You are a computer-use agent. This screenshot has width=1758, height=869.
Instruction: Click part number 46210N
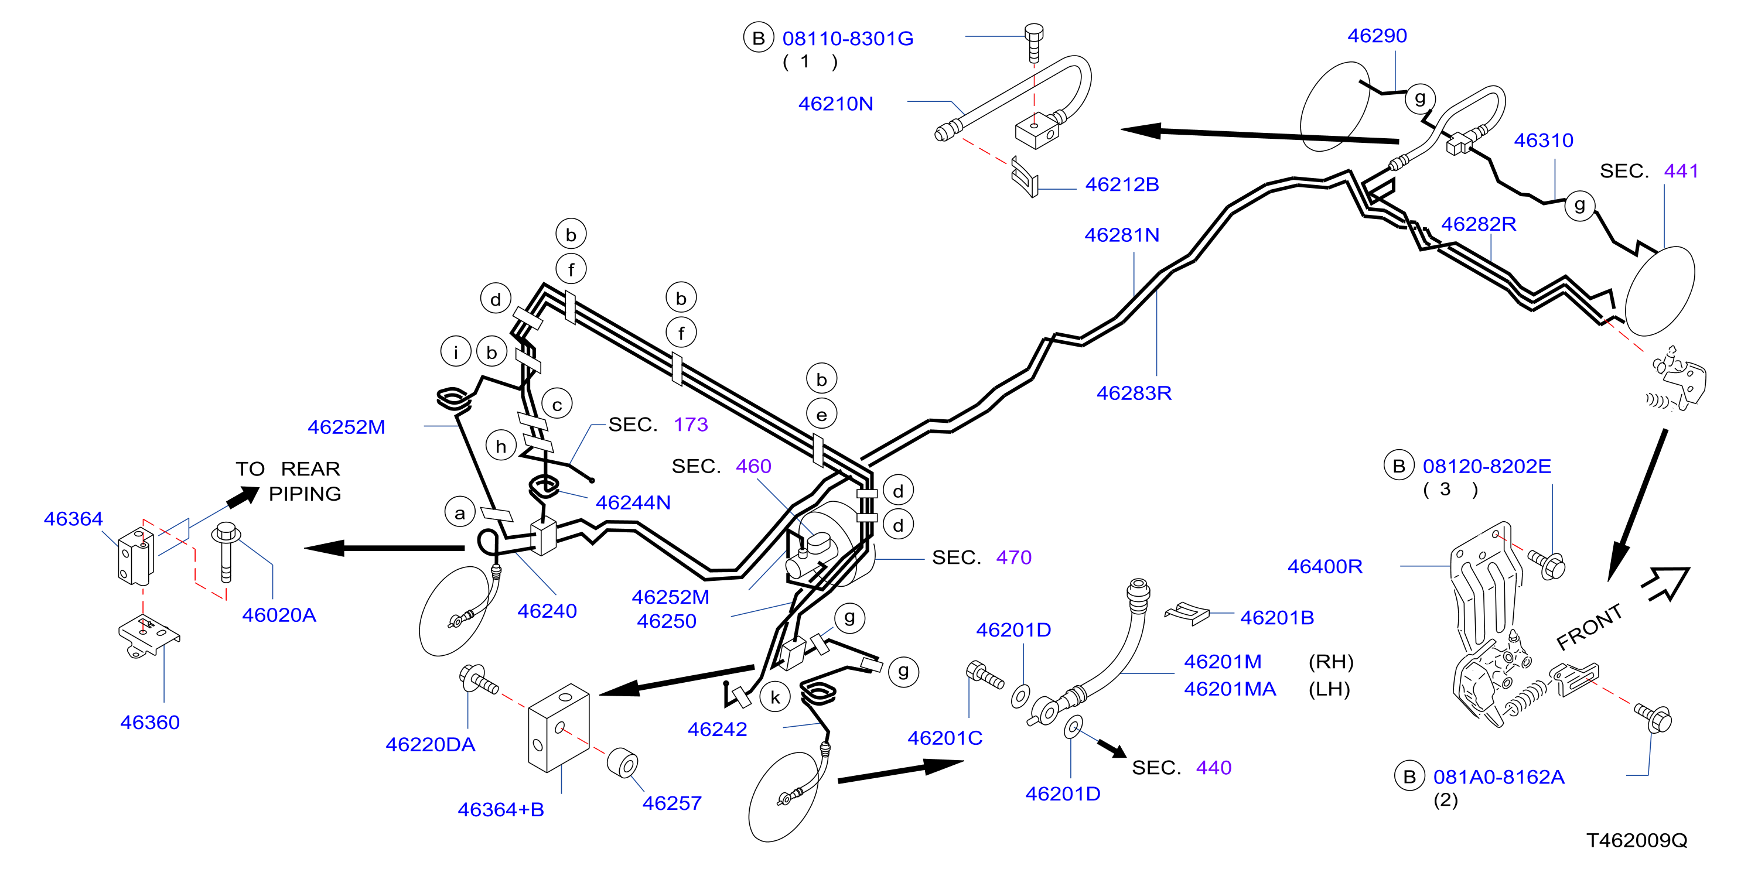point(835,104)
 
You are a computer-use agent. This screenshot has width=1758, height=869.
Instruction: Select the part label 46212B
point(1122,184)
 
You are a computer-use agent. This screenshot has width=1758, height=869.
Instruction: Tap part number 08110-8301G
point(848,38)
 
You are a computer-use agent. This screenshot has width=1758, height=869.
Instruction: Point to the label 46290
point(1377,36)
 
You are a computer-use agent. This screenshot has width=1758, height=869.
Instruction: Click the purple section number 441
point(1681,170)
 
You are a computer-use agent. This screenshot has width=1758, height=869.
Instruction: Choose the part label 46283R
point(1134,393)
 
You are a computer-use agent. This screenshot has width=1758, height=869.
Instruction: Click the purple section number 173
point(691,425)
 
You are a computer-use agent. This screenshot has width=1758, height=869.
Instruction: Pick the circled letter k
point(775,697)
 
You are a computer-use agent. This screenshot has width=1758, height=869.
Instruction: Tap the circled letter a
point(460,513)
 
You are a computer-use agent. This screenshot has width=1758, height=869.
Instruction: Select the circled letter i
point(456,352)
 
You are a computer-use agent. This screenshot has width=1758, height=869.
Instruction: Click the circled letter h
point(501,446)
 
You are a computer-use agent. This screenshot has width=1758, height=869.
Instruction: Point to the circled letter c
point(557,405)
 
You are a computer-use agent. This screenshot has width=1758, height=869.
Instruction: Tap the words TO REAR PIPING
point(288,481)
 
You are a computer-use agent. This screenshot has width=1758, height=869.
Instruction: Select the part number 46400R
point(1325,566)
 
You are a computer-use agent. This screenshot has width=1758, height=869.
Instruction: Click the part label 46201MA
point(1230,689)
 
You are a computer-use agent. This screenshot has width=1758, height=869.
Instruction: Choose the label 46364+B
point(501,810)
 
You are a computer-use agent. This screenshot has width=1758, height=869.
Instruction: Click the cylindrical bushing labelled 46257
point(622,762)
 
